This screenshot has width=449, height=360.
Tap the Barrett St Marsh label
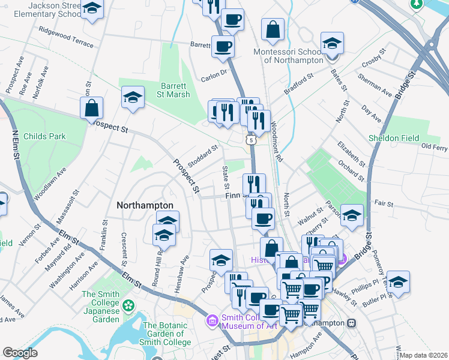tap(175, 89)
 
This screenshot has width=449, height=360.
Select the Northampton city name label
tap(145, 205)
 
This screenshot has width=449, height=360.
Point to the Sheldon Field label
tap(394, 138)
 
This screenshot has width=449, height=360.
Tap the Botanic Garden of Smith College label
tap(167, 334)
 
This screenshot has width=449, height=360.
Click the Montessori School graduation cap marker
tap(332, 44)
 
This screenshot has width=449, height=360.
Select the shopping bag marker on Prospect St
tap(92, 109)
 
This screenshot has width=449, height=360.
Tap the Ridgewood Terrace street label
tap(65, 37)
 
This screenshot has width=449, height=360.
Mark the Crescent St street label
tap(124, 248)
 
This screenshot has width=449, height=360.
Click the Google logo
tap(20, 353)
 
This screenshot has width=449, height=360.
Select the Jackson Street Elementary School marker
tap(92, 9)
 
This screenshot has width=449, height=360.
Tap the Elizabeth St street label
tap(351, 154)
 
